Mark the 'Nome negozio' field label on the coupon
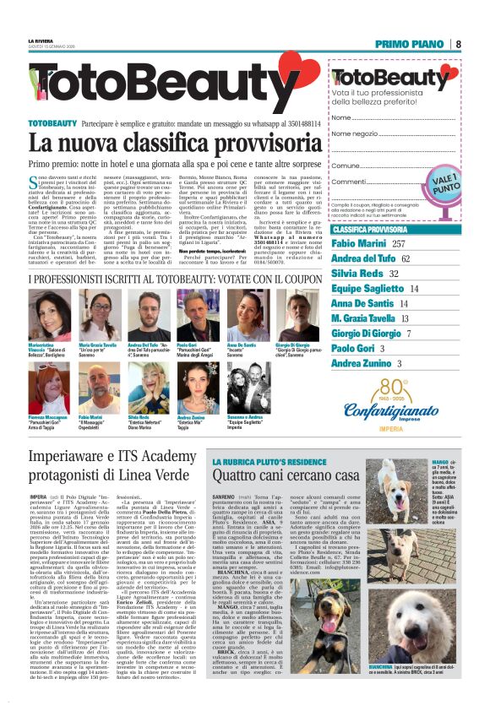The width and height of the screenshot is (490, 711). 331,133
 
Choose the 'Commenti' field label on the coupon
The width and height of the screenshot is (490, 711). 325,182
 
